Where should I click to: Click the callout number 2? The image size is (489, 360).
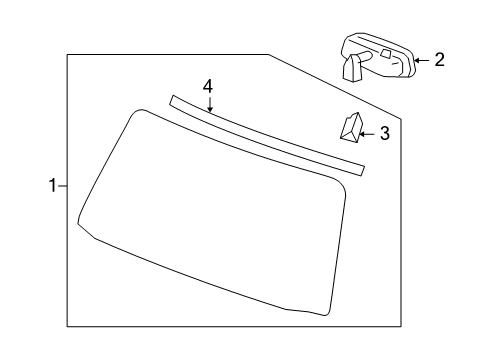(x=439, y=60)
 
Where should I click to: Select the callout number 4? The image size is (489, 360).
(x=208, y=87)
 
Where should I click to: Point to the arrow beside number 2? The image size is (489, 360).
(x=420, y=60)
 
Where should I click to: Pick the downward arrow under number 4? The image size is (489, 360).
(x=209, y=105)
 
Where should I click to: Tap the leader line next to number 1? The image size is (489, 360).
(x=62, y=185)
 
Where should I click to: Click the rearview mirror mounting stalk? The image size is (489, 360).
(x=352, y=67)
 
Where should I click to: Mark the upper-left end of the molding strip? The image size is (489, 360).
(x=174, y=99)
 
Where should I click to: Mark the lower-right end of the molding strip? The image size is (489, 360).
(x=360, y=170)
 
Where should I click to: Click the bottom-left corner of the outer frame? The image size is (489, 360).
(x=67, y=326)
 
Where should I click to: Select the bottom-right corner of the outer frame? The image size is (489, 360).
(x=399, y=326)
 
